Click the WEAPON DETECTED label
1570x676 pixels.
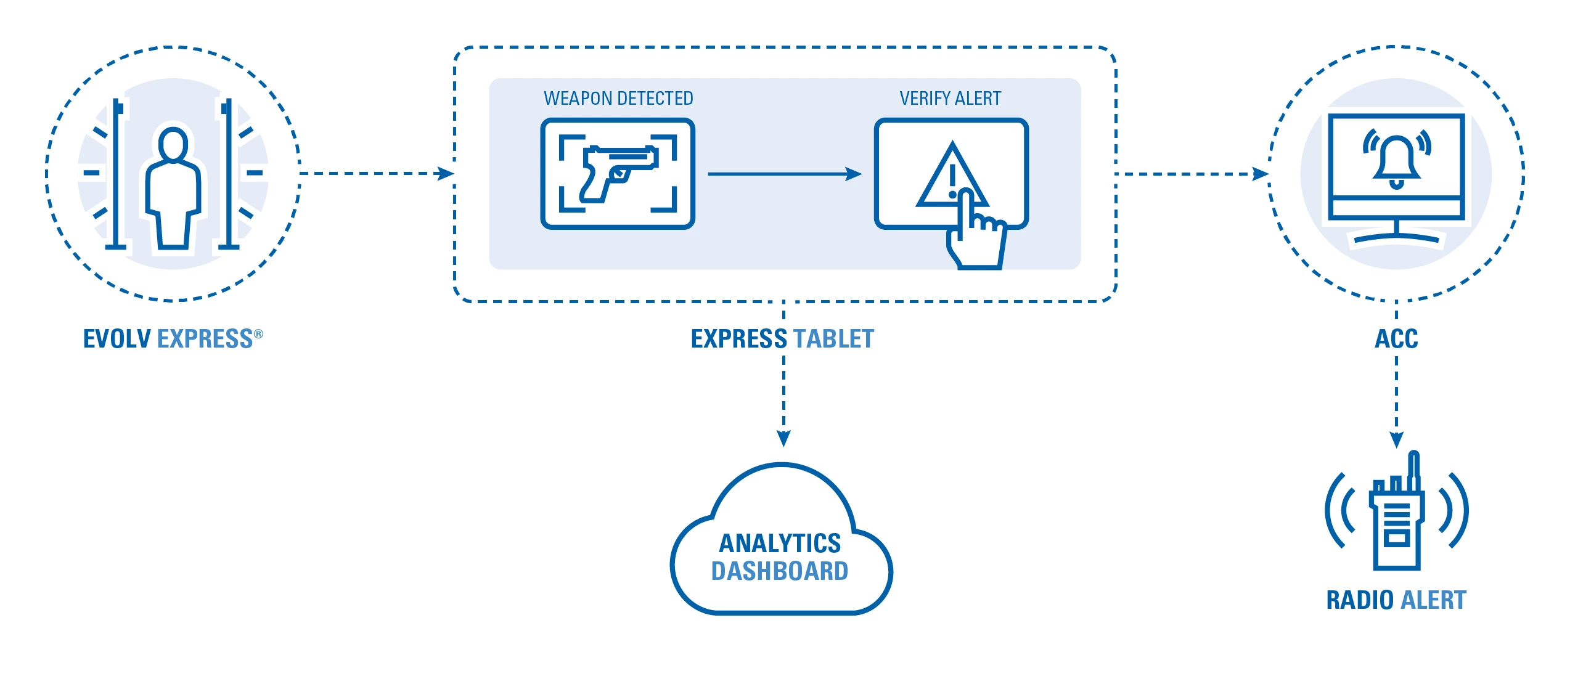click(x=618, y=99)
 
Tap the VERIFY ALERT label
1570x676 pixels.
click(x=950, y=99)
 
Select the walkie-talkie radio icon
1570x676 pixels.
click(x=1397, y=518)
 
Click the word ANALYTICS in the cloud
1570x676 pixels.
click(x=780, y=544)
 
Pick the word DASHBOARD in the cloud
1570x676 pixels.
click(x=780, y=571)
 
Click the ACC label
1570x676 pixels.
click(x=1396, y=339)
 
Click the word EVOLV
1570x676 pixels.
click(x=117, y=339)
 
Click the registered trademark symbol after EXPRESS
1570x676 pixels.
click(x=258, y=334)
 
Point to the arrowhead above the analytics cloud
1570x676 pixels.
click(x=783, y=438)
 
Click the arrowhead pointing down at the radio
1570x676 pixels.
click(x=1397, y=439)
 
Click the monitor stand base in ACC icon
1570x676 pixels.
click(x=1396, y=237)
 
